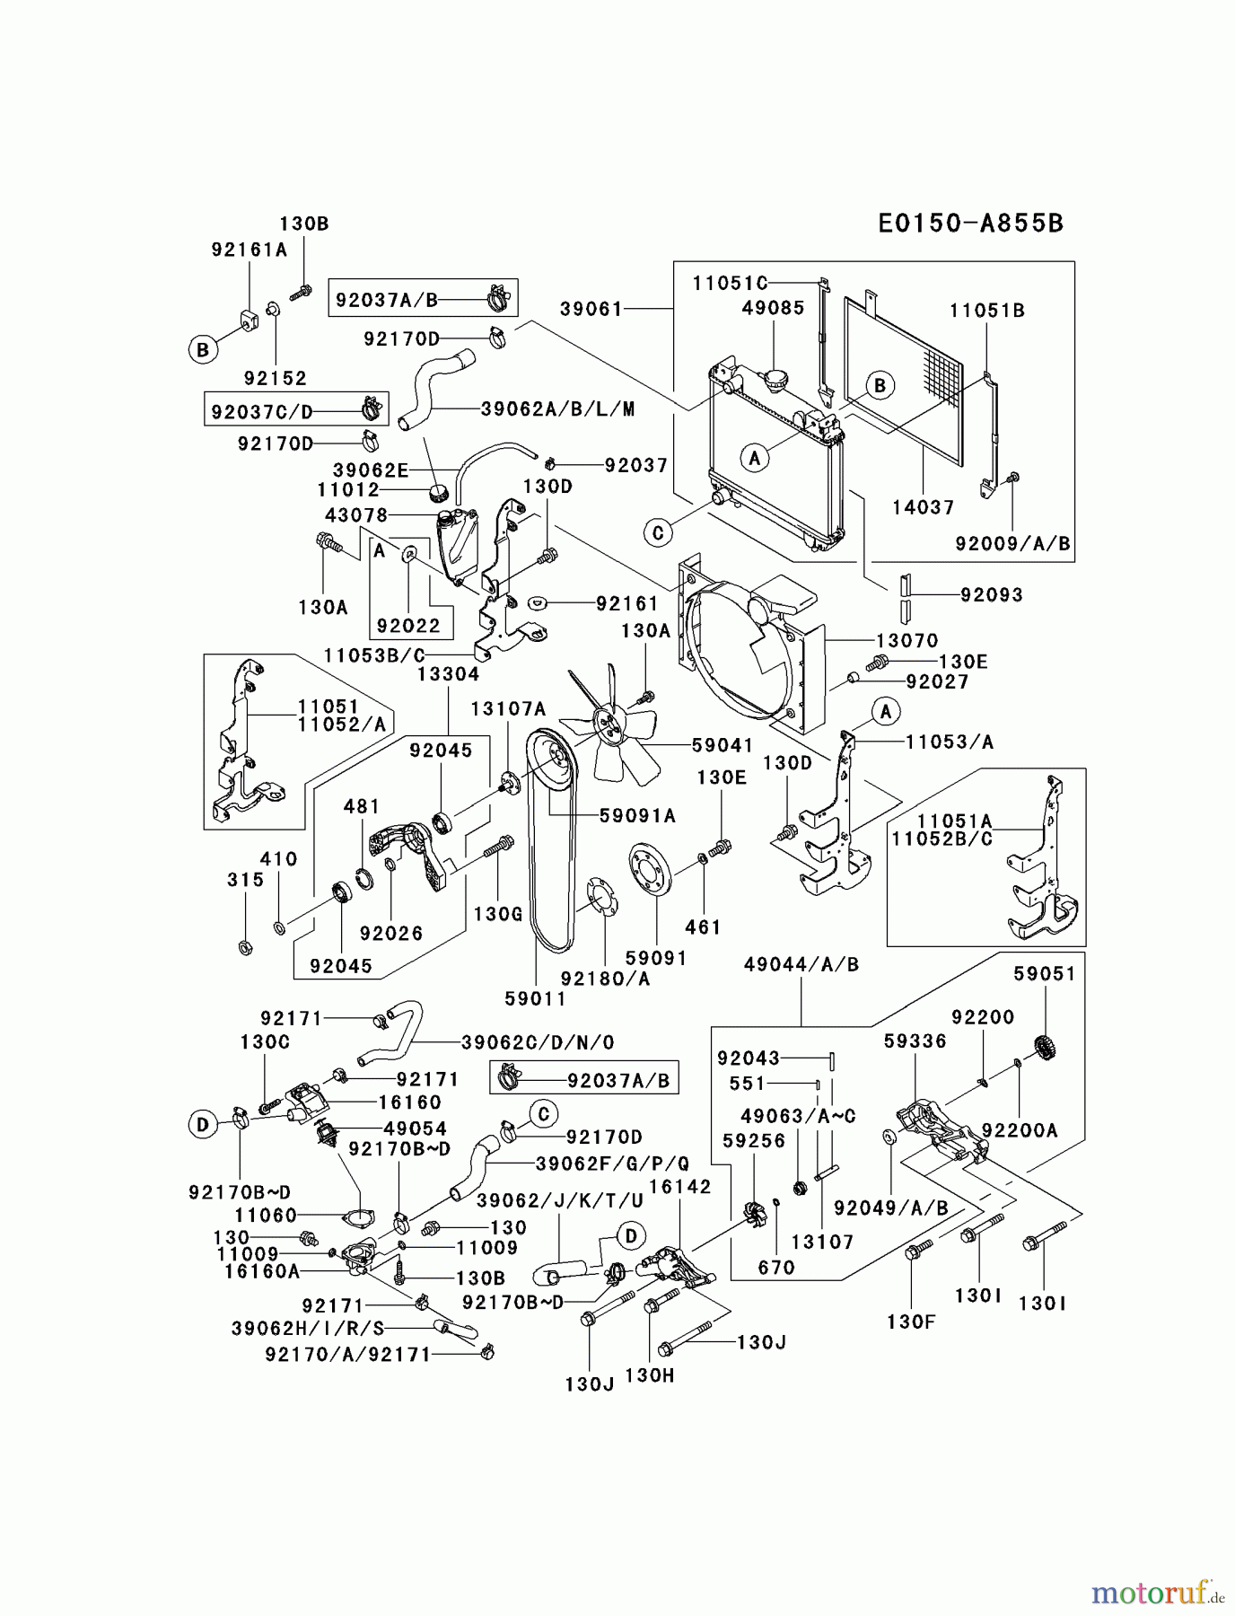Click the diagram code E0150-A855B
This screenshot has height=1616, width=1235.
(x=970, y=224)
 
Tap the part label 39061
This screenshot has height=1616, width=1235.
(x=591, y=309)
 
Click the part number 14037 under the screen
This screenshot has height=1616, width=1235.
(x=923, y=507)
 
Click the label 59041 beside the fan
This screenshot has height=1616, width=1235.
(x=723, y=745)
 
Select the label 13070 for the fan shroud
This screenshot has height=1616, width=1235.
(x=907, y=640)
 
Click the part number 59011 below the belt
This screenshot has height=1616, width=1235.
(x=535, y=997)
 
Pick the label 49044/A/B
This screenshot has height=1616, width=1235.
(x=801, y=964)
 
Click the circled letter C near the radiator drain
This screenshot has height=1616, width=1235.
(x=658, y=532)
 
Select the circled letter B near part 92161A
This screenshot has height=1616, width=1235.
(x=203, y=349)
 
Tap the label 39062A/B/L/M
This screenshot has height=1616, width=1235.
(x=557, y=409)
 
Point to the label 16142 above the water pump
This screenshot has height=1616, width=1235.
(x=679, y=1186)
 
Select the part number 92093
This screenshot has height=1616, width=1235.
(x=991, y=594)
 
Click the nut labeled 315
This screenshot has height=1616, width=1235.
(x=245, y=947)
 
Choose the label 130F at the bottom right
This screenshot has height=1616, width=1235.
(x=911, y=1321)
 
